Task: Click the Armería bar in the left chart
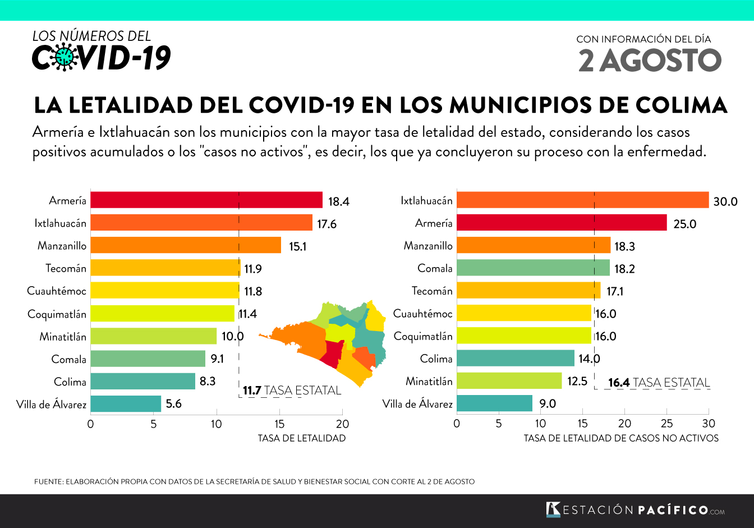pyautogui.click(x=206, y=200)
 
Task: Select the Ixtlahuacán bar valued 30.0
pyautogui.click(x=582, y=200)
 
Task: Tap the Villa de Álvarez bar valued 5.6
pyautogui.click(x=126, y=403)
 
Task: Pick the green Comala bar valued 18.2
pyautogui.click(x=533, y=268)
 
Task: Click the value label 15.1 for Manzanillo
pyautogui.click(x=297, y=246)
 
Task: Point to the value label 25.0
pyautogui.click(x=684, y=224)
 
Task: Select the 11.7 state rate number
pyautogui.click(x=252, y=391)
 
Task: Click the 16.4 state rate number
pyautogui.click(x=619, y=383)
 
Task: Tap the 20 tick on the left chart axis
pyautogui.click(x=342, y=424)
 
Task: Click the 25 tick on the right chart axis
pyautogui.click(x=666, y=424)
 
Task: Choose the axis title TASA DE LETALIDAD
pyautogui.click(x=302, y=438)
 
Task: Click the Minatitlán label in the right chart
pyautogui.click(x=429, y=381)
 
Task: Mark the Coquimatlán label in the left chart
pyautogui.click(x=57, y=314)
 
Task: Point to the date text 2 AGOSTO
pyautogui.click(x=650, y=61)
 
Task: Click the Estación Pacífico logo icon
pyautogui.click(x=553, y=509)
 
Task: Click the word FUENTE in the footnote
pyautogui.click(x=48, y=481)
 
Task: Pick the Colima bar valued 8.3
pyautogui.click(x=142, y=381)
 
